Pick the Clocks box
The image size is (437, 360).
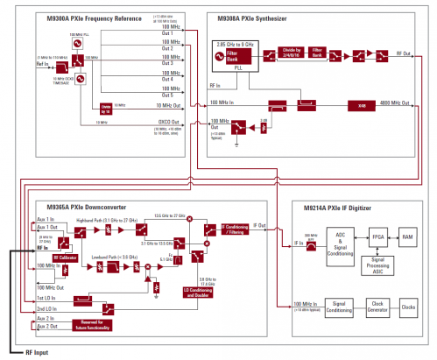pyautogui.click(x=409, y=284)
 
